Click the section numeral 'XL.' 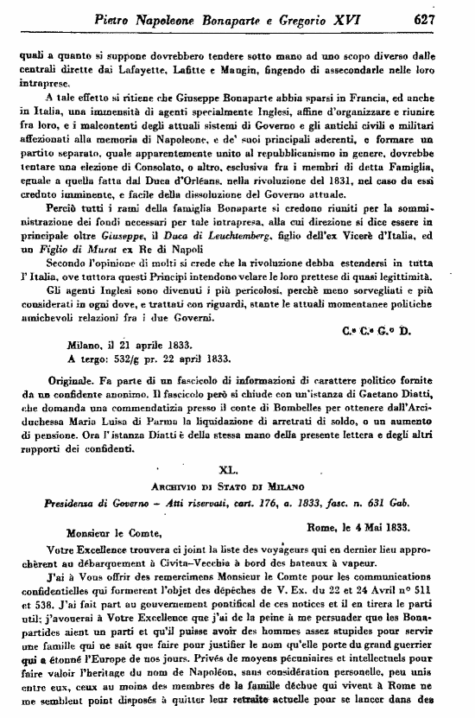click(237, 469)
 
